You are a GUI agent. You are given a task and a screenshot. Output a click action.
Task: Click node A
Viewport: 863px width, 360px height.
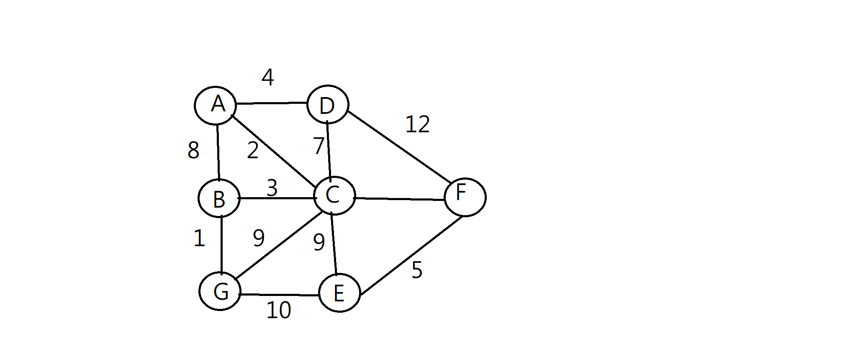[216, 105]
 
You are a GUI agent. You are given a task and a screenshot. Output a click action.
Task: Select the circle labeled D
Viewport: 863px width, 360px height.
[328, 105]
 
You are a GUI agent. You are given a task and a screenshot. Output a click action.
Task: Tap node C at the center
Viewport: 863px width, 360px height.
[334, 196]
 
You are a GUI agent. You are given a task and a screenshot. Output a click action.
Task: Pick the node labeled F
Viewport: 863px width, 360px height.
[465, 197]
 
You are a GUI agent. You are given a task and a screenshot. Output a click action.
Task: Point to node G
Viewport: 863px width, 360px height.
[220, 291]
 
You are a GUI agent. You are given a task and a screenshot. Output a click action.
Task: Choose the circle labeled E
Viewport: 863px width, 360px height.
[339, 293]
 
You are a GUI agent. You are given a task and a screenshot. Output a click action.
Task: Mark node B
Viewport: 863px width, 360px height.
[219, 198]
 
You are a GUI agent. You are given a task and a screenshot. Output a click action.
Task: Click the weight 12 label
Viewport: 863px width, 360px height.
[417, 124]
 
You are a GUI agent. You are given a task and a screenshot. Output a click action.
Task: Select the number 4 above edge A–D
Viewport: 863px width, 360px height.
[267, 77]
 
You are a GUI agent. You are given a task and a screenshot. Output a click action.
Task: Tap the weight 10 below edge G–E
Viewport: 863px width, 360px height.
[278, 310]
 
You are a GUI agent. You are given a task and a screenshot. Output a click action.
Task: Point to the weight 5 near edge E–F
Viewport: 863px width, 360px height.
[416, 270]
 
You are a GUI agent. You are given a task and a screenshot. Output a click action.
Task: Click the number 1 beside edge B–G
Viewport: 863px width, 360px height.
[199, 239]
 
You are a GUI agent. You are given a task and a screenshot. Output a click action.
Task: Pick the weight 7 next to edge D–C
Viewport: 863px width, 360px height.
[318, 146]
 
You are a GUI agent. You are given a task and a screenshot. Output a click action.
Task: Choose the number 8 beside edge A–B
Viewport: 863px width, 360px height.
[193, 150]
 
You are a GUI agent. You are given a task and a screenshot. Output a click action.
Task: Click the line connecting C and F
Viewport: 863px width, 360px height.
[400, 199]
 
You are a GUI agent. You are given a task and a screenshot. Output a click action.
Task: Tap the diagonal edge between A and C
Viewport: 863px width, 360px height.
[274, 151]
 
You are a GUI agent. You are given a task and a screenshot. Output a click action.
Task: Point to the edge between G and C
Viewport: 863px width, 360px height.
[278, 245]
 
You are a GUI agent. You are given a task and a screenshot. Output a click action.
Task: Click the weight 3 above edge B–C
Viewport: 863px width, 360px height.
[272, 188]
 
